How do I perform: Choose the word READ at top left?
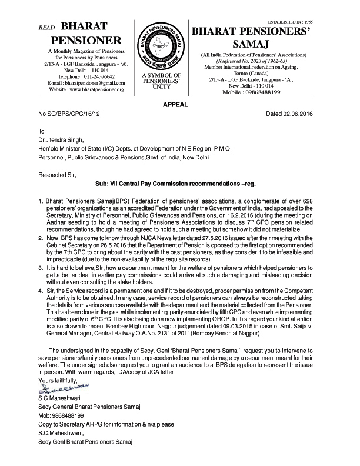click(46, 28)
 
